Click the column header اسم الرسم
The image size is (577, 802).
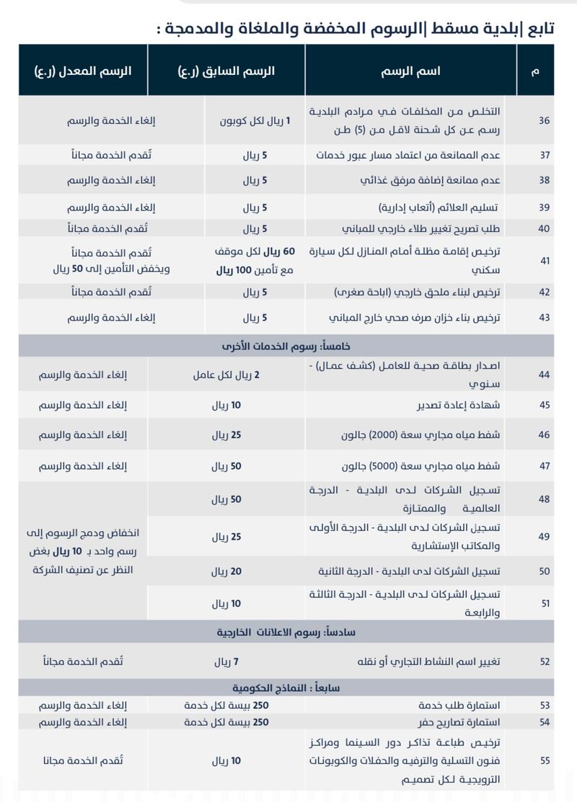pyautogui.click(x=410, y=71)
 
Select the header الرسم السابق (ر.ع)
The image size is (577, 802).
pyautogui.click(x=226, y=71)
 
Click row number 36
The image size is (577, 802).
pyautogui.click(x=544, y=120)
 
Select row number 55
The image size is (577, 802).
pyautogui.click(x=544, y=760)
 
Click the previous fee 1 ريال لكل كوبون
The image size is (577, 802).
pyautogui.click(x=255, y=120)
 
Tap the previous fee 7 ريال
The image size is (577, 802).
pyautogui.click(x=226, y=661)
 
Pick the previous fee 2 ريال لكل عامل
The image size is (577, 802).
pyautogui.click(x=226, y=375)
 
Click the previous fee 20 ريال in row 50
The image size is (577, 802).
pyautogui.click(x=226, y=571)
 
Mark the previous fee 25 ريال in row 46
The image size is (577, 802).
pyautogui.click(x=226, y=435)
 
